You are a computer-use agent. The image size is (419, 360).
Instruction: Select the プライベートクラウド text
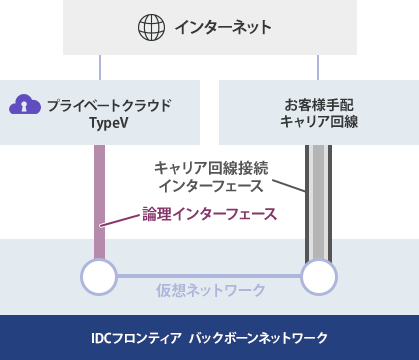click(x=110, y=104)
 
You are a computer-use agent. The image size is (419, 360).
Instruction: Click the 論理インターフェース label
click(x=208, y=214)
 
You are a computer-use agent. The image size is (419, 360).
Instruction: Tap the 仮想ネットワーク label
click(x=211, y=290)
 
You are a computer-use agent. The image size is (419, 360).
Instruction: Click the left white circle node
click(x=99, y=275)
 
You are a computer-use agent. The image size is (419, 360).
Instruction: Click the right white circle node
click(x=319, y=275)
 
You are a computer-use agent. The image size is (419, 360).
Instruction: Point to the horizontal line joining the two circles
click(x=209, y=275)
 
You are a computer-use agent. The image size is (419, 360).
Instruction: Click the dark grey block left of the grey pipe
click(x=287, y=186)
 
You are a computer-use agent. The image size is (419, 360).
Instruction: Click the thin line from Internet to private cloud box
click(x=100, y=67)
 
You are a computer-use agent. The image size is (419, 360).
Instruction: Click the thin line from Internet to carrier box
click(x=318, y=67)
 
